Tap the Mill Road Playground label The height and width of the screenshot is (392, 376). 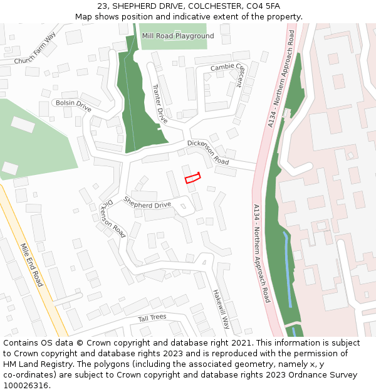[x=177, y=36]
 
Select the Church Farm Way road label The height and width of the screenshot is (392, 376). [x=35, y=48]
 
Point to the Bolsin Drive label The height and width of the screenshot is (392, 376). [x=73, y=106]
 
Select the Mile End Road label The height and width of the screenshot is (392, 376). [x=31, y=265]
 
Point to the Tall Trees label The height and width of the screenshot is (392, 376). [x=152, y=317]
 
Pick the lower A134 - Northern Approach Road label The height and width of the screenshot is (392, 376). [x=261, y=253]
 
